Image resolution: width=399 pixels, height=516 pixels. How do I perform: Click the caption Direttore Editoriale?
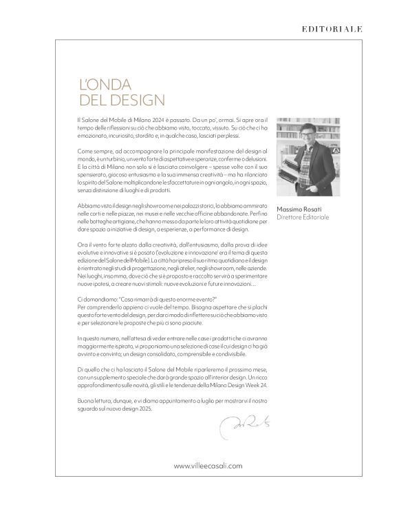click(303, 218)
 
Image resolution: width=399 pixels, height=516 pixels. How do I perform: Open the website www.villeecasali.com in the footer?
click(208, 466)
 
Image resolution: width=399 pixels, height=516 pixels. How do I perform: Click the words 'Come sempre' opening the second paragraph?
click(93, 151)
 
